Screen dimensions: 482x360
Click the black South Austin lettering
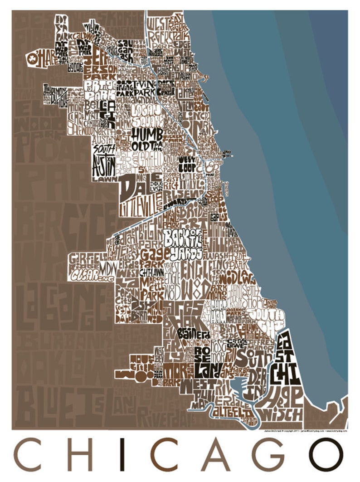click(104, 159)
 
